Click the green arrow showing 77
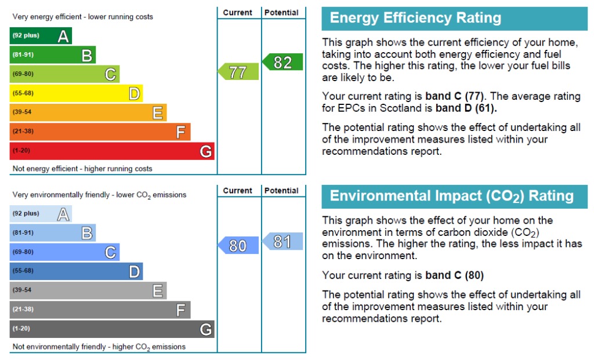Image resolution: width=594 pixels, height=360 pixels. click(x=238, y=72)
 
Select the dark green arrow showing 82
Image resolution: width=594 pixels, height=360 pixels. click(x=283, y=62)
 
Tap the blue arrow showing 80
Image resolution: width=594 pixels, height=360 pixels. click(x=238, y=246)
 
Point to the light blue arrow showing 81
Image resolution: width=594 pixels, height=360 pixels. click(x=283, y=241)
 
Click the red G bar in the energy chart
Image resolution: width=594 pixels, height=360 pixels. click(x=112, y=151)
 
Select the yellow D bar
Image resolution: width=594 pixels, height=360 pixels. click(x=76, y=93)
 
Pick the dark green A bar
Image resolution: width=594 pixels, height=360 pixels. click(x=41, y=36)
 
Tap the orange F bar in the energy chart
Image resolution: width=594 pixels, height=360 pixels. click(x=100, y=132)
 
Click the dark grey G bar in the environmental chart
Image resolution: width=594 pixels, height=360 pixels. click(x=112, y=329)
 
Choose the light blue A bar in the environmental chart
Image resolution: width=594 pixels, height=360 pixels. click(x=41, y=214)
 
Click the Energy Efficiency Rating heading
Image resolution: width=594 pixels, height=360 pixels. click(x=415, y=18)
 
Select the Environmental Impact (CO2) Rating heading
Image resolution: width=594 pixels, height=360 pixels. click(x=451, y=196)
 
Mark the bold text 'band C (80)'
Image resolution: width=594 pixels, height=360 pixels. click(x=454, y=275)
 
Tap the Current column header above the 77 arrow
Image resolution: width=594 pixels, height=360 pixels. click(x=238, y=12)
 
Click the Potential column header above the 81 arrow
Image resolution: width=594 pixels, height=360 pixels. click(x=282, y=190)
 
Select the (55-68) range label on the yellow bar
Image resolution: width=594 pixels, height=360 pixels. click(x=23, y=93)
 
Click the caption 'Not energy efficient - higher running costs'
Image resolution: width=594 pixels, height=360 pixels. click(x=82, y=169)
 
